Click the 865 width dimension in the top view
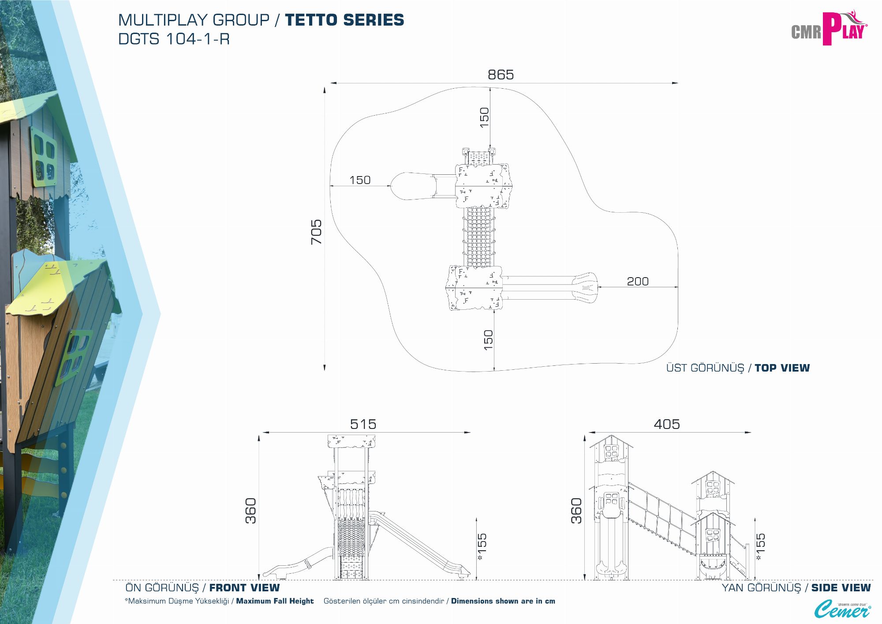pyautogui.click(x=501, y=75)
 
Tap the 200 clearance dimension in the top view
pyautogui.click(x=638, y=281)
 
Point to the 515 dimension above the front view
pyautogui.click(x=363, y=424)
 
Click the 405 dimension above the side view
pyautogui.click(x=667, y=424)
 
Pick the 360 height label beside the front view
pyautogui.click(x=250, y=511)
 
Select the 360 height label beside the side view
pyautogui.click(x=576, y=511)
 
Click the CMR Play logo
pyautogui.click(x=829, y=29)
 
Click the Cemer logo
pyautogui.click(x=842, y=609)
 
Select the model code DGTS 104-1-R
pyautogui.click(x=174, y=39)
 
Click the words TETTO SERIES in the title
pyautogui.click(x=344, y=20)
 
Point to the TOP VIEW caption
pyautogui.click(x=782, y=368)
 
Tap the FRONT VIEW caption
pyautogui.click(x=244, y=588)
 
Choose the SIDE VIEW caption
pyautogui.click(x=841, y=588)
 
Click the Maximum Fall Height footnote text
pyautogui.click(x=275, y=601)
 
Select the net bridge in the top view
pyautogui.click(x=479, y=237)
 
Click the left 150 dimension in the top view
pyautogui.click(x=360, y=180)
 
